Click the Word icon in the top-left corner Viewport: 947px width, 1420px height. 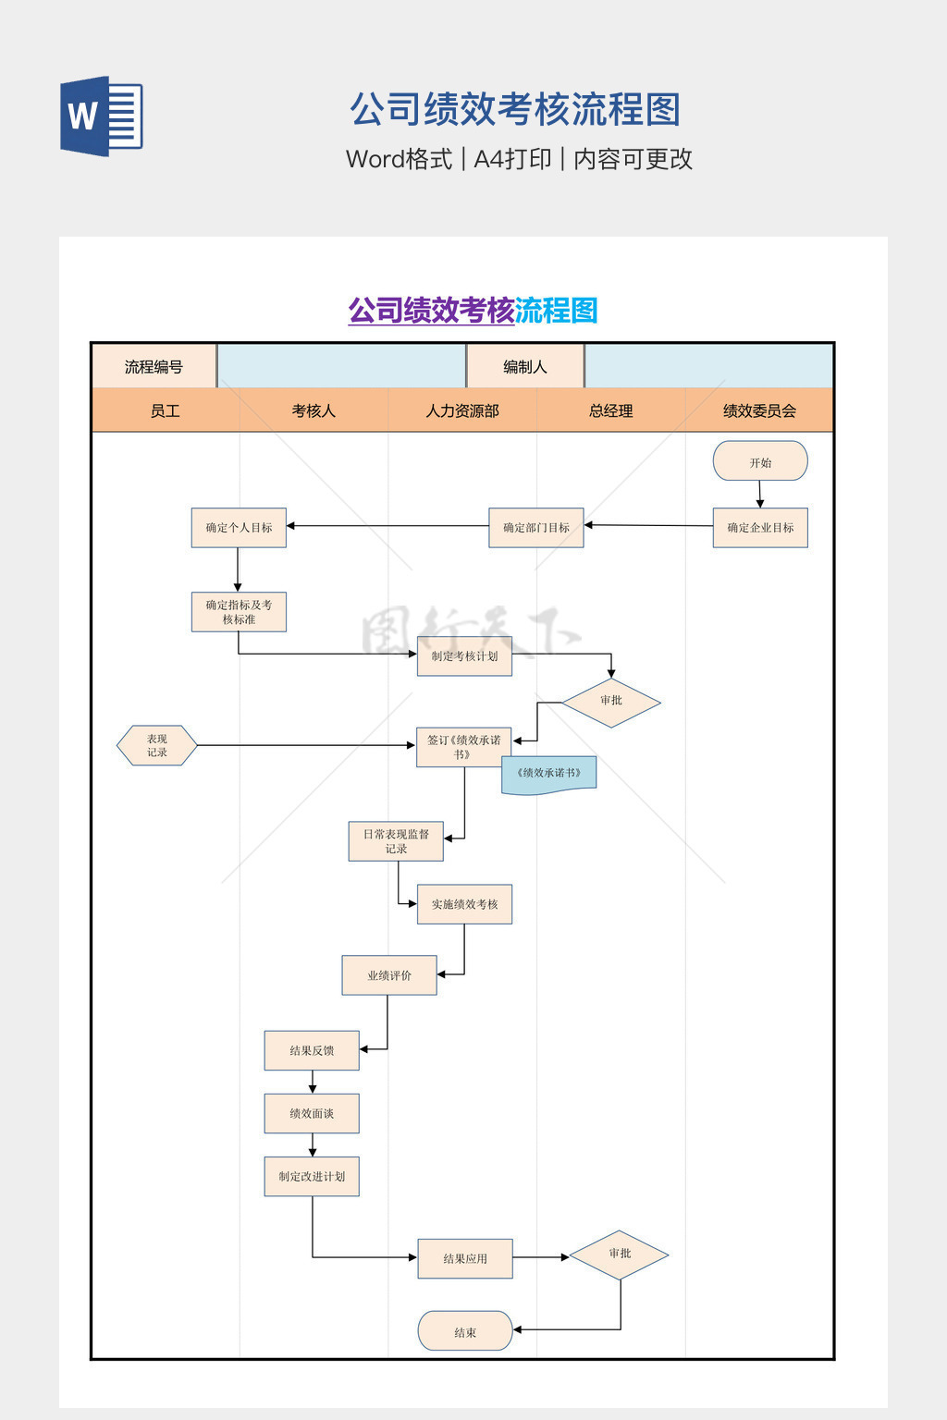(x=102, y=116)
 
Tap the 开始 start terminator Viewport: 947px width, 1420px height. (x=760, y=461)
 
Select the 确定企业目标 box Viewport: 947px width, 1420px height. (x=760, y=528)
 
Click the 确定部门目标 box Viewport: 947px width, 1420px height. (x=536, y=528)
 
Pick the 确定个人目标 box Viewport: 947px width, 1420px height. (x=239, y=528)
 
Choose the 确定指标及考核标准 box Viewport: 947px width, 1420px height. (x=239, y=612)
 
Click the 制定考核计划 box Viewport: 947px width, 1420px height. (x=464, y=656)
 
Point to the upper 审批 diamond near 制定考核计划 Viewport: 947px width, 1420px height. (x=611, y=702)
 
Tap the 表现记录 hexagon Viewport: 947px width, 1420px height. (x=157, y=745)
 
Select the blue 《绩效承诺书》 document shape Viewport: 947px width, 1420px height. (x=549, y=774)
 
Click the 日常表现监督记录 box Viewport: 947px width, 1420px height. (x=396, y=841)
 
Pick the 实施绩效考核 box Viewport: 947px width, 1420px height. (x=464, y=904)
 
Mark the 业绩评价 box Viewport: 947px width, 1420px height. (x=389, y=975)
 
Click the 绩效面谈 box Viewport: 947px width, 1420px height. (x=312, y=1114)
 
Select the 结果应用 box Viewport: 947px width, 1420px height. (x=465, y=1259)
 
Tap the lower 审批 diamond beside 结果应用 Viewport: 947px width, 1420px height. (x=620, y=1255)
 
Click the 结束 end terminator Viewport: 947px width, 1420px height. (x=465, y=1332)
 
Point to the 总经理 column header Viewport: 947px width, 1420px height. (x=611, y=410)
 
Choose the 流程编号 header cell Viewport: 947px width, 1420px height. (x=154, y=367)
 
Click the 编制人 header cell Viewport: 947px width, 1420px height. (x=525, y=367)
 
